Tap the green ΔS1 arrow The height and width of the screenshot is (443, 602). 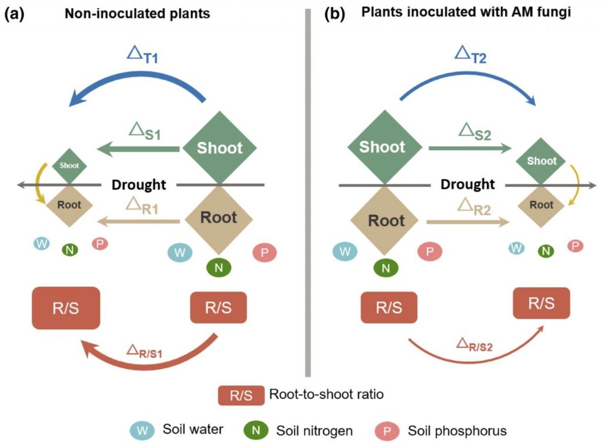tap(138, 150)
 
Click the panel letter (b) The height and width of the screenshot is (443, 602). tap(334, 14)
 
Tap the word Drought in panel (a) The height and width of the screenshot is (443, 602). tap(139, 184)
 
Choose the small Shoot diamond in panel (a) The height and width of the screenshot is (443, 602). tap(69, 165)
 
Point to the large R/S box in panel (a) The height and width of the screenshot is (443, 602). tap(65, 308)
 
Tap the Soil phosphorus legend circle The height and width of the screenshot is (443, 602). tap(383, 429)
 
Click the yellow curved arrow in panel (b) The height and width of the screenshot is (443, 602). tap(576, 185)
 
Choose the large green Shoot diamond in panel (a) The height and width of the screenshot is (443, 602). tap(219, 147)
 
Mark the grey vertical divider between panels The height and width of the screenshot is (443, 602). tap(307, 194)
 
